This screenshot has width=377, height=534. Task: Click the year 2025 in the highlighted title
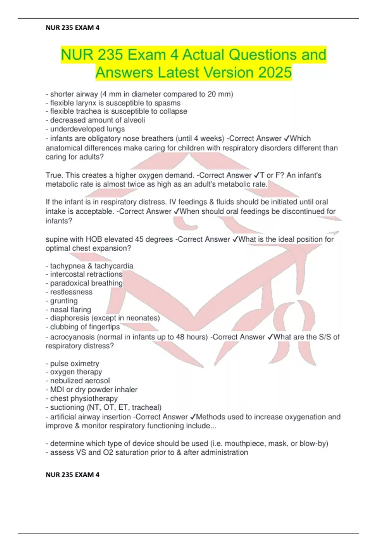tap(275, 72)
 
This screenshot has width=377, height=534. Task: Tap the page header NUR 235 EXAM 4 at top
tap(73, 28)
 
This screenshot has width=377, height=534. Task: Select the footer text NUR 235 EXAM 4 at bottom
tap(73, 475)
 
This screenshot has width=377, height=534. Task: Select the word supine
tap(57, 239)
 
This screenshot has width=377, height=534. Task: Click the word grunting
tap(64, 301)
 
